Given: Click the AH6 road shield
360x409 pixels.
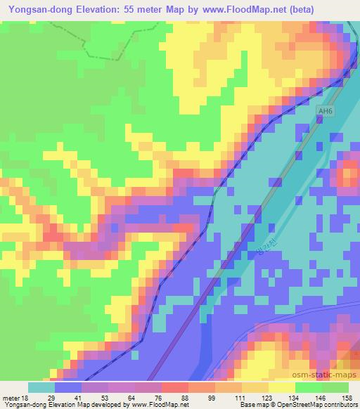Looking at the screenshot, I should [x=324, y=111].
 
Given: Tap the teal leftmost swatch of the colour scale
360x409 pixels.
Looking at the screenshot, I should [x=41, y=387].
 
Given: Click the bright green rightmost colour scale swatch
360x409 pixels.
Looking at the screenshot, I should [x=335, y=387].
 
